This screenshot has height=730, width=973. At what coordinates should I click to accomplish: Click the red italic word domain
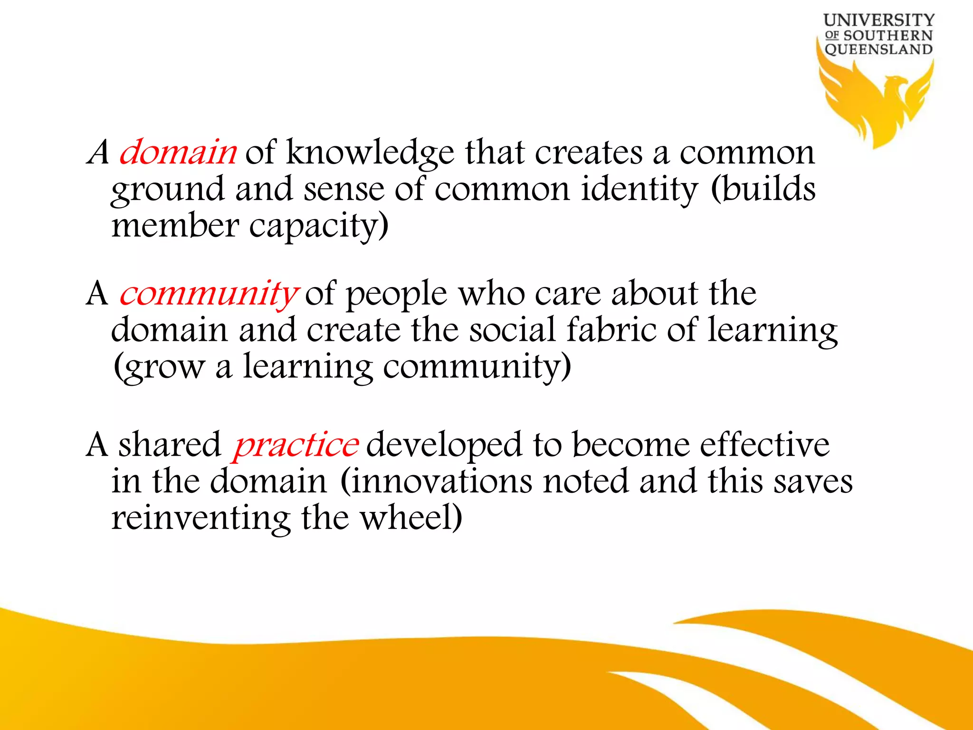coord(178,153)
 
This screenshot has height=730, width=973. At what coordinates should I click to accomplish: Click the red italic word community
coord(208,294)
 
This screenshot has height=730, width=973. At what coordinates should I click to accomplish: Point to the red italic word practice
coord(295,445)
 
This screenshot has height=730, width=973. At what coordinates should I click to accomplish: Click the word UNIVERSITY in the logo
coord(878,20)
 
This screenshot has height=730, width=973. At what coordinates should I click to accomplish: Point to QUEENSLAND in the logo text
coord(878,49)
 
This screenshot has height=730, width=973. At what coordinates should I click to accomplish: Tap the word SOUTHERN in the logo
coord(887,36)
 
